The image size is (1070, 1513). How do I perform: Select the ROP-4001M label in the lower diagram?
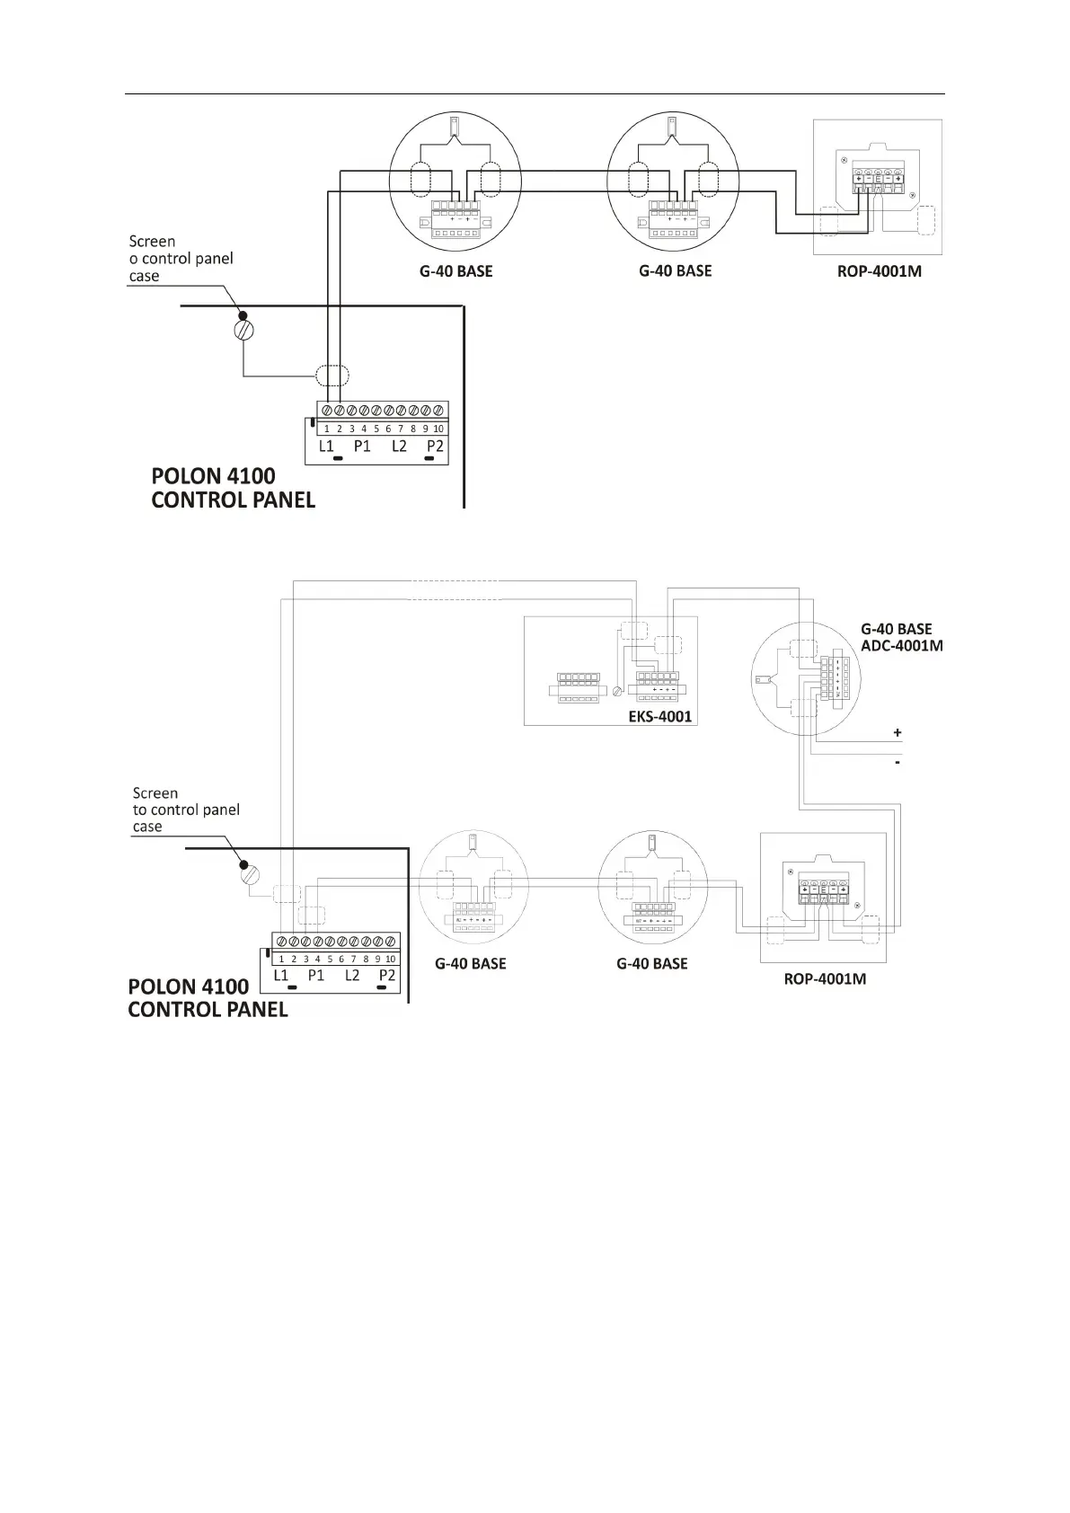pyautogui.click(x=825, y=978)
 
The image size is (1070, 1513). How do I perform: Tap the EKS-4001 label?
pyautogui.click(x=659, y=716)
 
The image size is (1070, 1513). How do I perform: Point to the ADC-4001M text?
pyautogui.click(x=902, y=645)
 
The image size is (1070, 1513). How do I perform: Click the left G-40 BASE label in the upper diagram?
pyautogui.click(x=456, y=270)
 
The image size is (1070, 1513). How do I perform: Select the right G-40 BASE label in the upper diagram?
pyautogui.click(x=675, y=270)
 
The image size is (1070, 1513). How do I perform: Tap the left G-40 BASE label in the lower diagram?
pyautogui.click(x=470, y=963)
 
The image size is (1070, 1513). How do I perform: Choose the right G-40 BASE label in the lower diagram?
pyautogui.click(x=651, y=963)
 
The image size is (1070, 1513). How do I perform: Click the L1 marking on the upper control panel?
pyautogui.click(x=326, y=446)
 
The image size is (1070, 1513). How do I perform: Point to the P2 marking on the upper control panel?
pyautogui.click(x=436, y=446)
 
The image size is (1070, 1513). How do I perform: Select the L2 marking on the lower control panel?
pyautogui.click(x=352, y=975)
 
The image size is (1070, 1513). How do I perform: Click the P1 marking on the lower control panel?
pyautogui.click(x=315, y=975)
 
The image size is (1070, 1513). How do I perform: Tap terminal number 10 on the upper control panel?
pyautogui.click(x=438, y=429)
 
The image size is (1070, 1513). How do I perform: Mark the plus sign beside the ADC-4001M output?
pyautogui.click(x=897, y=732)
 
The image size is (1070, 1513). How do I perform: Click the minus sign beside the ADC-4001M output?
pyautogui.click(x=897, y=763)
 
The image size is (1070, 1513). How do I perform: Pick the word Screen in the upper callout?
pyautogui.click(x=152, y=241)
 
